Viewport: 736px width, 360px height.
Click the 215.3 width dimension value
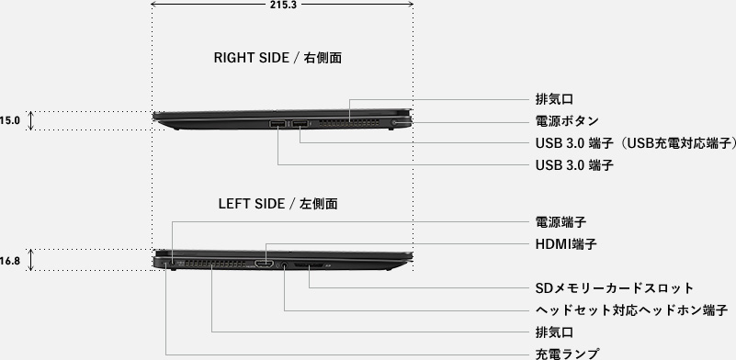pyautogui.click(x=283, y=5)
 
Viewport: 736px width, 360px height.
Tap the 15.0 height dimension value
pyautogui.click(x=10, y=120)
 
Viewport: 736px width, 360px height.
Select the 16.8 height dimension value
pyautogui.click(x=10, y=261)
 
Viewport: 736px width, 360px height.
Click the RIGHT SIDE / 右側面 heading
pyautogui.click(x=277, y=58)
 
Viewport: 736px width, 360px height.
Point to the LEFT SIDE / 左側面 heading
pyautogui.click(x=277, y=204)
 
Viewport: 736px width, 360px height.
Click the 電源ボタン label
pyautogui.click(x=567, y=121)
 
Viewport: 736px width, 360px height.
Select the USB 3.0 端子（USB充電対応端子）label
pyautogui.click(x=636, y=143)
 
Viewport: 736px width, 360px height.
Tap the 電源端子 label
pyautogui.click(x=560, y=221)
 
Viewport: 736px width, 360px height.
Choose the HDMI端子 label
pyautogui.click(x=566, y=244)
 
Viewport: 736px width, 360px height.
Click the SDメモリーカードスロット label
pyautogui.click(x=614, y=287)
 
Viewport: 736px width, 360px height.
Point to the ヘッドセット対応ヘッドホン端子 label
pyautogui.click(x=631, y=310)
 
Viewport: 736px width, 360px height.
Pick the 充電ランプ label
pyautogui.click(x=567, y=354)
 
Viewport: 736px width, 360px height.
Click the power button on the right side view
pyautogui.click(x=393, y=122)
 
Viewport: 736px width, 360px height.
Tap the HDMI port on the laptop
pyautogui.click(x=265, y=264)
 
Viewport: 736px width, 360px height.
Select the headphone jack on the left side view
pyautogui.click(x=284, y=265)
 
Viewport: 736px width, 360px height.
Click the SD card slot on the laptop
pyautogui.click(x=309, y=266)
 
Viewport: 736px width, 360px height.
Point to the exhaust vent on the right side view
pyautogui.click(x=348, y=123)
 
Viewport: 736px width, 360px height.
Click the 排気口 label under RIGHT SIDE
pyautogui.click(x=554, y=99)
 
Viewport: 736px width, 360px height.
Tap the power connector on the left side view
pyautogui.click(x=172, y=263)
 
